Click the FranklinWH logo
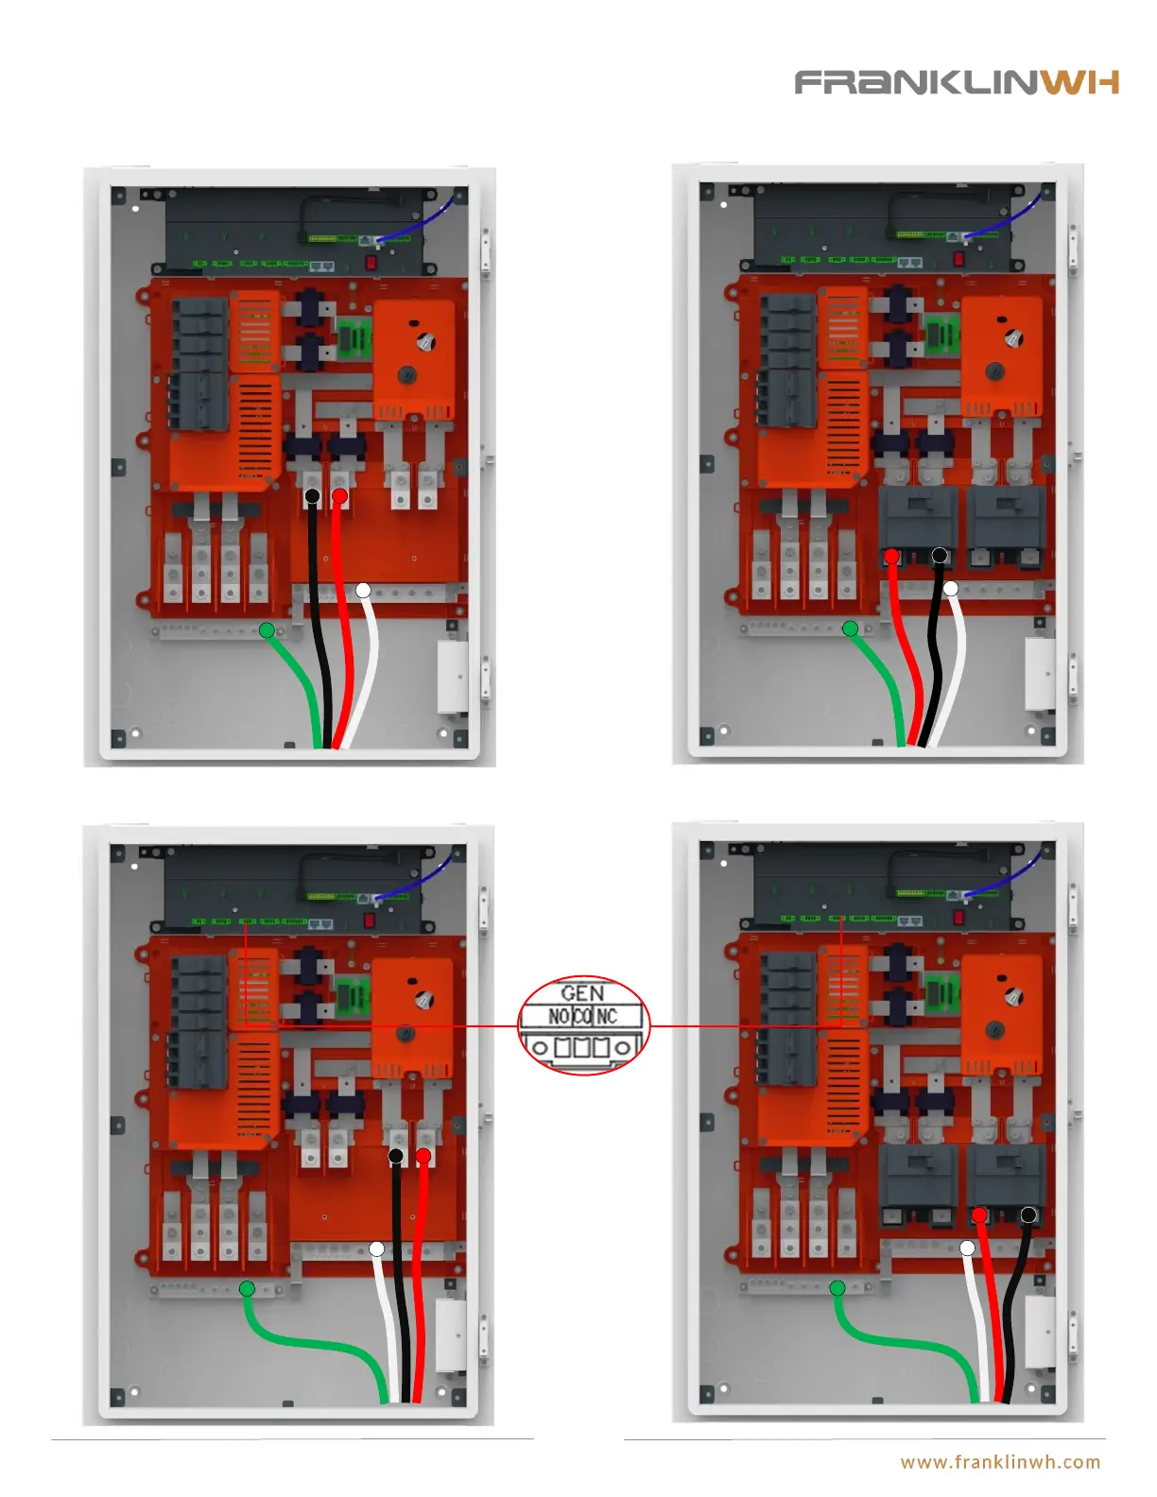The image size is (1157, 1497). coord(956,83)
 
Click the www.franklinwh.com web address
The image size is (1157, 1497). coord(1000,1462)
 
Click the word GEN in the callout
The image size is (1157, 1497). coord(582,993)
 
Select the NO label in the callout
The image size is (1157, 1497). coord(559,1017)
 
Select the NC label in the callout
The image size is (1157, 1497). coord(607,1017)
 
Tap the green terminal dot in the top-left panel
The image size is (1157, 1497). coord(268,630)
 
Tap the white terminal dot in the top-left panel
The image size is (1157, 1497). coord(363,591)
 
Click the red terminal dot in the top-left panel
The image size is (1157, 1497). coord(340,496)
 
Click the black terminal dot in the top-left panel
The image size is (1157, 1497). coord(312,496)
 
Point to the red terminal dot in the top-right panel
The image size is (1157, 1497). coord(891,557)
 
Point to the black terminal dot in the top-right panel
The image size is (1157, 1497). coord(940,556)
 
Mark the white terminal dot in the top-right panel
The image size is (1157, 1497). coord(951,589)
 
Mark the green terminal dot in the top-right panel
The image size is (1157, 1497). coord(851,628)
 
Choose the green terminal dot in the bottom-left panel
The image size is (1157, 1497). coord(247,1288)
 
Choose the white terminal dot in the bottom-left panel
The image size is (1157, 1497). coord(376,1249)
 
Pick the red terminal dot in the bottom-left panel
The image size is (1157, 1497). coord(423,1156)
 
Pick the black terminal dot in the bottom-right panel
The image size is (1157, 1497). coord(1028,1214)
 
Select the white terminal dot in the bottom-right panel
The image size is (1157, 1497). coord(967,1248)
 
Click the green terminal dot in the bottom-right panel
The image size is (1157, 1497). coord(838,1287)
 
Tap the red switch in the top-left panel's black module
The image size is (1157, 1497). coord(371,261)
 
